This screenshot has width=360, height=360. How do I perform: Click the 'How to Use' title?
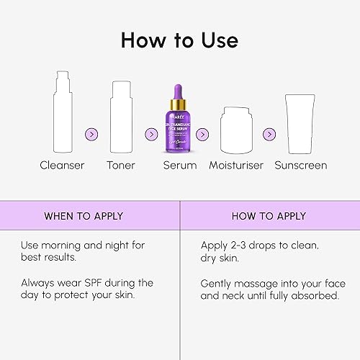point(179,39)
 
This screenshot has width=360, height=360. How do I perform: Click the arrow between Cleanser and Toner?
point(91,134)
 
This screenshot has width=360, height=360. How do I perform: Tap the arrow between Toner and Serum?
point(151,134)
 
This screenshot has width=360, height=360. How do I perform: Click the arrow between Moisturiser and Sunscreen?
point(269,134)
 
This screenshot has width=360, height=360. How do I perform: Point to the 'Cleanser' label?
point(62,166)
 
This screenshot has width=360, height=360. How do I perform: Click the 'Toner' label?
point(122,166)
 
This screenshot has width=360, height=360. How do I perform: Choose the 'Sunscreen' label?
point(301,166)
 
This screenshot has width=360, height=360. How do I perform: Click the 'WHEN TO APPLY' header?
point(84,216)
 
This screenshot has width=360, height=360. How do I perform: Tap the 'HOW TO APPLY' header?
point(269,216)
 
